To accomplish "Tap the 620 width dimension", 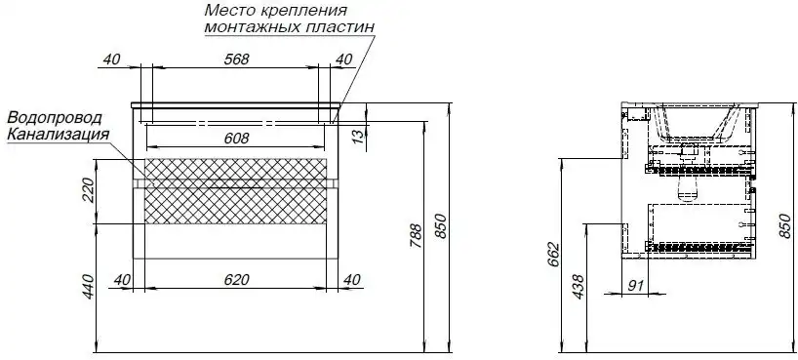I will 236,280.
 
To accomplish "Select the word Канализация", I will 58,133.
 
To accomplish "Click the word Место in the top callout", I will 227,10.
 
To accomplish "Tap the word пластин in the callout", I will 339,26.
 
